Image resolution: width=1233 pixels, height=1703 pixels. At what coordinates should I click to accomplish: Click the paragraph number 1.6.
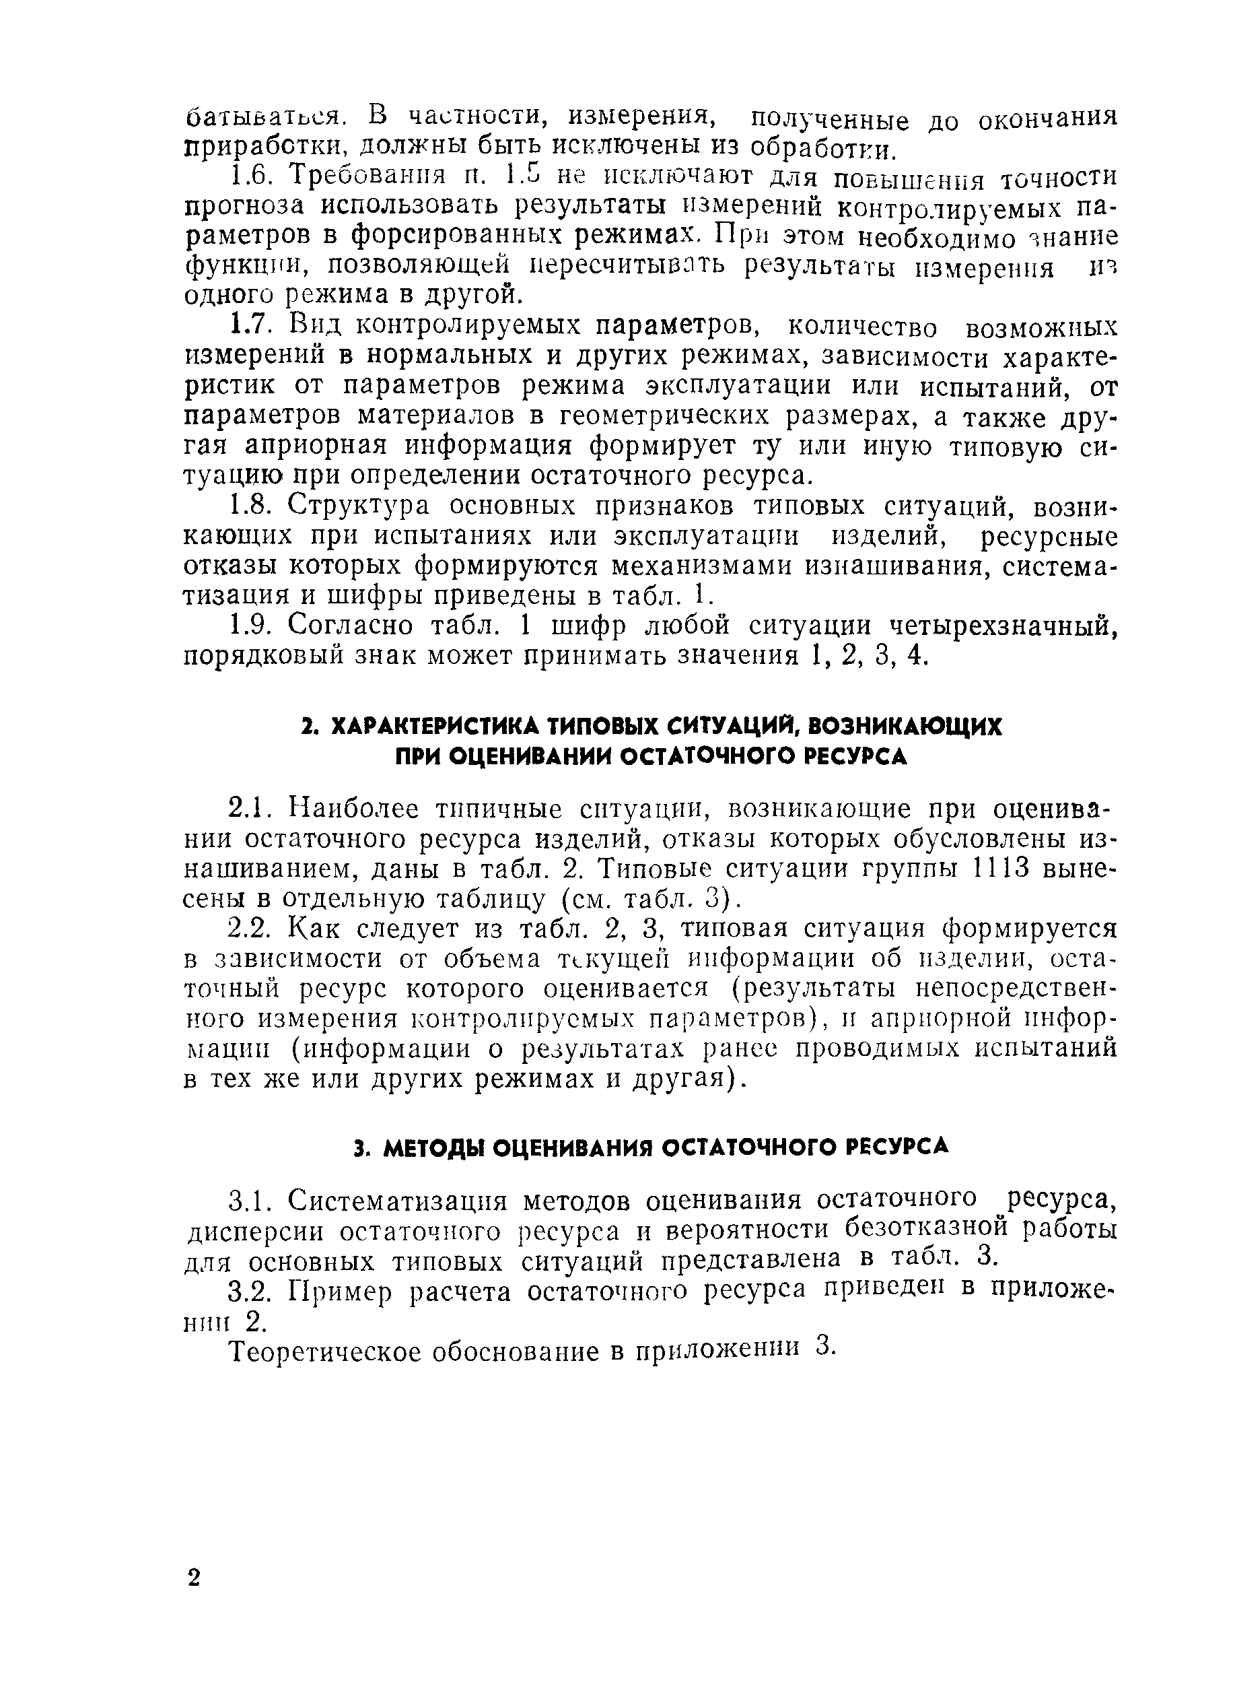(248, 177)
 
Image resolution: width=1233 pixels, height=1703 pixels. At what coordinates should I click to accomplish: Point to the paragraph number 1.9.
(248, 625)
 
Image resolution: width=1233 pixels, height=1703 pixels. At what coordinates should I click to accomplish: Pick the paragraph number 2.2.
(248, 929)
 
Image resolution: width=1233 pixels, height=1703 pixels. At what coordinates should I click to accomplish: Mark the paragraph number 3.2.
(248, 1291)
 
